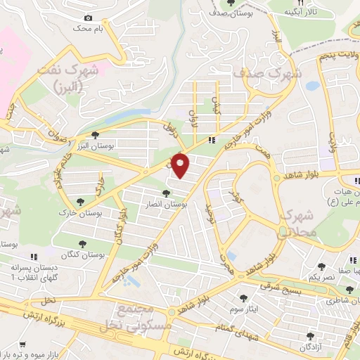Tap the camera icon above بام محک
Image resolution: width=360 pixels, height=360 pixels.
[88, 18]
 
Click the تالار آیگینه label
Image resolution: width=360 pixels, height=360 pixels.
[308, 13]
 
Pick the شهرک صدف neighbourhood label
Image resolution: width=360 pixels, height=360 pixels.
[277, 72]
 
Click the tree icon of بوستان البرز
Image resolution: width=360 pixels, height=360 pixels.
[96, 135]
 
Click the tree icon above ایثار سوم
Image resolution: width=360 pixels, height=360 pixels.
[243, 298]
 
